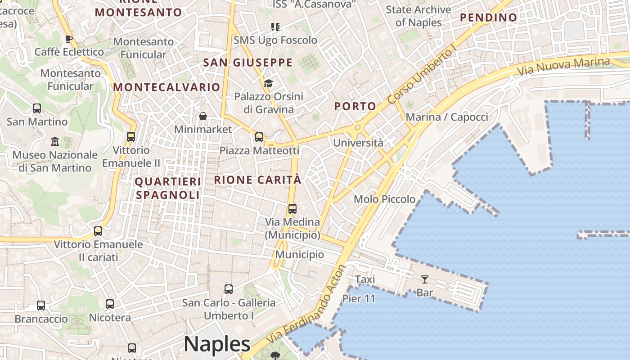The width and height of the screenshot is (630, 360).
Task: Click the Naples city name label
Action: (x=217, y=344)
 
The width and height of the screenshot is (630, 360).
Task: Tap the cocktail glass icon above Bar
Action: (x=424, y=279)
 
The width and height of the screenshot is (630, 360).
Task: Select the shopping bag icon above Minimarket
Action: (x=203, y=116)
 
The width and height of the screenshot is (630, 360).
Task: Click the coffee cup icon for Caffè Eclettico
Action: (x=69, y=39)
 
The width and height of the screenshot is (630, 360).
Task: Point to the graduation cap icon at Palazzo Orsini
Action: (x=268, y=83)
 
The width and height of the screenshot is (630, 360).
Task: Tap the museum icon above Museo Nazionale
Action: (x=55, y=141)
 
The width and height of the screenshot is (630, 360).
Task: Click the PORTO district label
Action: (x=355, y=106)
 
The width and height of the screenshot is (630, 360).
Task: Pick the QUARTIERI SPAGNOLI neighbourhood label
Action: (x=168, y=188)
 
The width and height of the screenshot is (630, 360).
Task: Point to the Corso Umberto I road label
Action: (x=422, y=75)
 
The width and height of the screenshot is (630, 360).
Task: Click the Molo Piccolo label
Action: (x=384, y=199)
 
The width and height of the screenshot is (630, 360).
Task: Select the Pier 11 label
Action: (x=359, y=299)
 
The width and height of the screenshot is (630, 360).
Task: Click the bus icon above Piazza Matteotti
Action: (x=259, y=137)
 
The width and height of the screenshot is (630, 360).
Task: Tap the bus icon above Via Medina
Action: (x=292, y=209)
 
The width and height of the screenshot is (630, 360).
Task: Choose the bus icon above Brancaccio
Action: (x=41, y=306)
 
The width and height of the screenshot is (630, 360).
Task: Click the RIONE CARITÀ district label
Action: (x=257, y=180)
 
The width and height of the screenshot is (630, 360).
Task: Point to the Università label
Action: (x=358, y=143)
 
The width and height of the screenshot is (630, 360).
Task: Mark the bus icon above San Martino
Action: (x=37, y=108)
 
